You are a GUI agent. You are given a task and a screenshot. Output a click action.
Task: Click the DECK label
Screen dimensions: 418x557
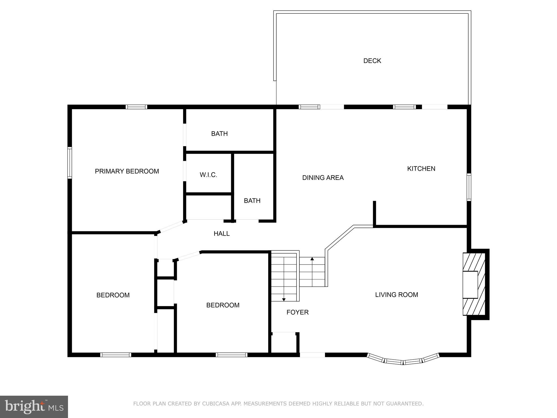tap(372, 61)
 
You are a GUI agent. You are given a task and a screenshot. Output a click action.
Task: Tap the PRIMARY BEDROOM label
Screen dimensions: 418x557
tap(127, 171)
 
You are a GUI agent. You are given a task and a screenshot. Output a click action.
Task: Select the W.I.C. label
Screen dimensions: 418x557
tap(208, 175)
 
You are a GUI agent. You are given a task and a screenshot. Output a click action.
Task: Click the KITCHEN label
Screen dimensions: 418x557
tap(421, 169)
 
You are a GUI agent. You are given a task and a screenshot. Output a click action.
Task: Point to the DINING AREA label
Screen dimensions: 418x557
tap(323, 178)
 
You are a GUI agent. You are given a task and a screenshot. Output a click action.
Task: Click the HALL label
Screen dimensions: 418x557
tap(221, 233)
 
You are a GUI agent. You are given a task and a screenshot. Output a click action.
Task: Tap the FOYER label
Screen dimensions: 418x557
tap(297, 312)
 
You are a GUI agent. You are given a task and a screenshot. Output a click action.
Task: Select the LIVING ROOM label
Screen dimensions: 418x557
tap(396, 294)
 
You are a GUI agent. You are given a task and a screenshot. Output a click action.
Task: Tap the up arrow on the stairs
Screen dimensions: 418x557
tap(312, 259)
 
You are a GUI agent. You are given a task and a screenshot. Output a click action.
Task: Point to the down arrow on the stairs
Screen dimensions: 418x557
tap(284, 299)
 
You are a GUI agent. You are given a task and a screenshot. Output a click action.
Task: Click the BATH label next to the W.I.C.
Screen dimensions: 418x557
tap(252, 201)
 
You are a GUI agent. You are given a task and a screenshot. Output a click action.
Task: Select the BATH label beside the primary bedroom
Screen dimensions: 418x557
tap(219, 134)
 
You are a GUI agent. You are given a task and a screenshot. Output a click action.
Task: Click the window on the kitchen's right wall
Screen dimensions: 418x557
tap(469, 187)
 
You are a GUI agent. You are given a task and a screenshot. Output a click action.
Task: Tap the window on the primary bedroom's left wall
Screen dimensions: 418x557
tap(70, 163)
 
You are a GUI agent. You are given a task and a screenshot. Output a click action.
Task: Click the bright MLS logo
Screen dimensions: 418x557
tap(34, 407)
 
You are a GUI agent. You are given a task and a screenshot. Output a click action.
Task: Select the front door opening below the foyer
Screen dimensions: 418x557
tap(312, 355)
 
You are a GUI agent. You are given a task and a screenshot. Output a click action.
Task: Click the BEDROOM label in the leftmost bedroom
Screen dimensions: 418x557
tap(113, 295)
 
